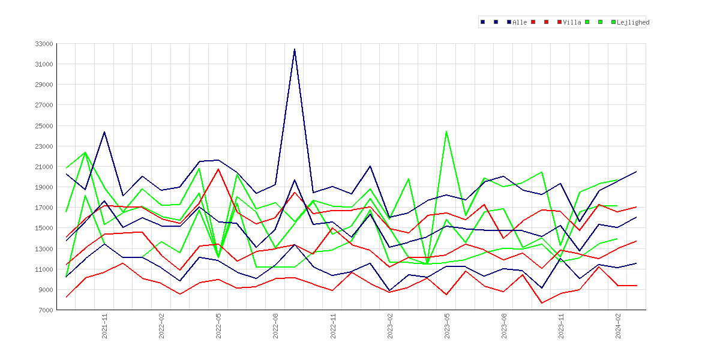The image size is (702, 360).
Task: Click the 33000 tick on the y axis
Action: click(44, 44)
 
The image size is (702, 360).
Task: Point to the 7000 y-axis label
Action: click(46, 310)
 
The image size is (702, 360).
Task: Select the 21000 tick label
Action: click(44, 167)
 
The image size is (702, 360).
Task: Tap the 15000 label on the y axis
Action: click(44, 229)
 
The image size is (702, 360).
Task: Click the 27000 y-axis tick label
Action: click(44, 105)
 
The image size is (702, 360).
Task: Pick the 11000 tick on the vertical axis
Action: click(44, 269)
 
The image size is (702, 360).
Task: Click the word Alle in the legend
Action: click(520, 22)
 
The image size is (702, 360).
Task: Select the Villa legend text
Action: click(572, 22)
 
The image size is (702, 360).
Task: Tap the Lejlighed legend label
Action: click(633, 22)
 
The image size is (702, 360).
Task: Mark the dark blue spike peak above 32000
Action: click(295, 49)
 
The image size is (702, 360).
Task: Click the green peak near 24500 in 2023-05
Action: click(446, 131)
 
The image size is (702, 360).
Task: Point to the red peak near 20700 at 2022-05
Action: click(218, 169)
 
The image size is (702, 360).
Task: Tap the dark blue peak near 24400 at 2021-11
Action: click(104, 131)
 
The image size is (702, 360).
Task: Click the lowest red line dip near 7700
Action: click(542, 303)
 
